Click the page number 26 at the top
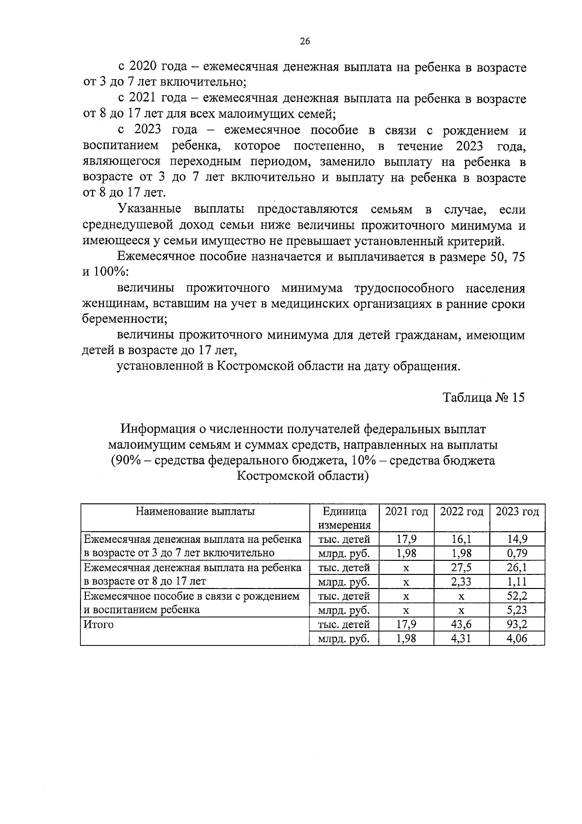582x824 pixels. tap(305, 42)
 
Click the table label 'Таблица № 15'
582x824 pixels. tap(484, 398)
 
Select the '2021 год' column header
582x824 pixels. tap(406, 512)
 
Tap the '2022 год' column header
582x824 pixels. tap(462, 512)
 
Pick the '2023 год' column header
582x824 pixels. tap(517, 512)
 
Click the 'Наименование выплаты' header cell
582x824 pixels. tap(195, 511)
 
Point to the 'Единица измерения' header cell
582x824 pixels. tap(344, 518)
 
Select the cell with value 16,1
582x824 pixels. tap(462, 539)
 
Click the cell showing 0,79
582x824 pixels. tap(517, 553)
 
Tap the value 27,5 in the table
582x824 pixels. tap(462, 568)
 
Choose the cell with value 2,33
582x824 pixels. tap(462, 582)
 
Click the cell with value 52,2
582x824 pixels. tap(517, 596)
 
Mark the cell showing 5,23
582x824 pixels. tap(517, 610)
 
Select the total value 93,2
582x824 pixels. tap(517, 624)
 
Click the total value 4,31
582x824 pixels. tap(462, 639)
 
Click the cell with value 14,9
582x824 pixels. tap(517, 539)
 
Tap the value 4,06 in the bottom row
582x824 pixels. tap(517, 639)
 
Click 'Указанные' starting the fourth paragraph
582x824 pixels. tap(149, 209)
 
